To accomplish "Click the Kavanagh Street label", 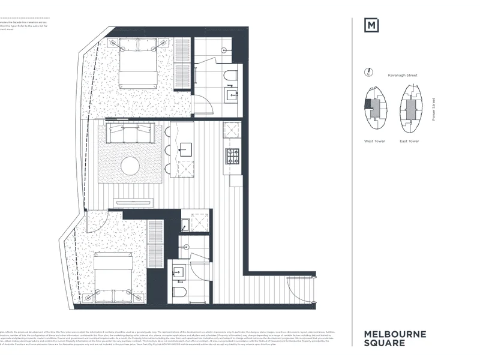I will (x=403, y=76).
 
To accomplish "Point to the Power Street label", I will (x=434, y=110).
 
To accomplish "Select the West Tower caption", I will (x=374, y=142).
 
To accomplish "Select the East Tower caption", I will (x=409, y=142).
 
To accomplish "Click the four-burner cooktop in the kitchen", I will (x=232, y=155).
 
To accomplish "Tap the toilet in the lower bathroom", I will (x=178, y=295).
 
